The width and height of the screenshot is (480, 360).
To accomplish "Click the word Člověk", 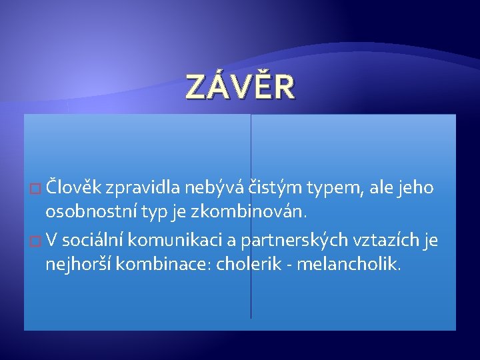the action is [x=73, y=187].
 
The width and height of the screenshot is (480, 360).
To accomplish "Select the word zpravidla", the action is [x=143, y=188].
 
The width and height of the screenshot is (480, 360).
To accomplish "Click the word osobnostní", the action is [x=91, y=211].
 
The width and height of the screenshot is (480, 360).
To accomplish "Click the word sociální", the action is [x=92, y=239].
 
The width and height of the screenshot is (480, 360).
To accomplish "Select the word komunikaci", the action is [x=175, y=239].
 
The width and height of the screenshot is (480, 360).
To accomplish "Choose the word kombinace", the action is [x=164, y=263].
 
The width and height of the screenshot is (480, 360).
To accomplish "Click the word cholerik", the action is [x=249, y=263].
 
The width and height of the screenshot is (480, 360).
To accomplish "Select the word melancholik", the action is [x=349, y=263].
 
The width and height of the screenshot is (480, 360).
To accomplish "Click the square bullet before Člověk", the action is [x=35, y=188].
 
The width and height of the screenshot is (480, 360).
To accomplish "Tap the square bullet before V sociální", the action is [x=35, y=241].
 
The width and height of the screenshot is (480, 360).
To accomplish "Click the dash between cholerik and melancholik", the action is [x=289, y=265].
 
